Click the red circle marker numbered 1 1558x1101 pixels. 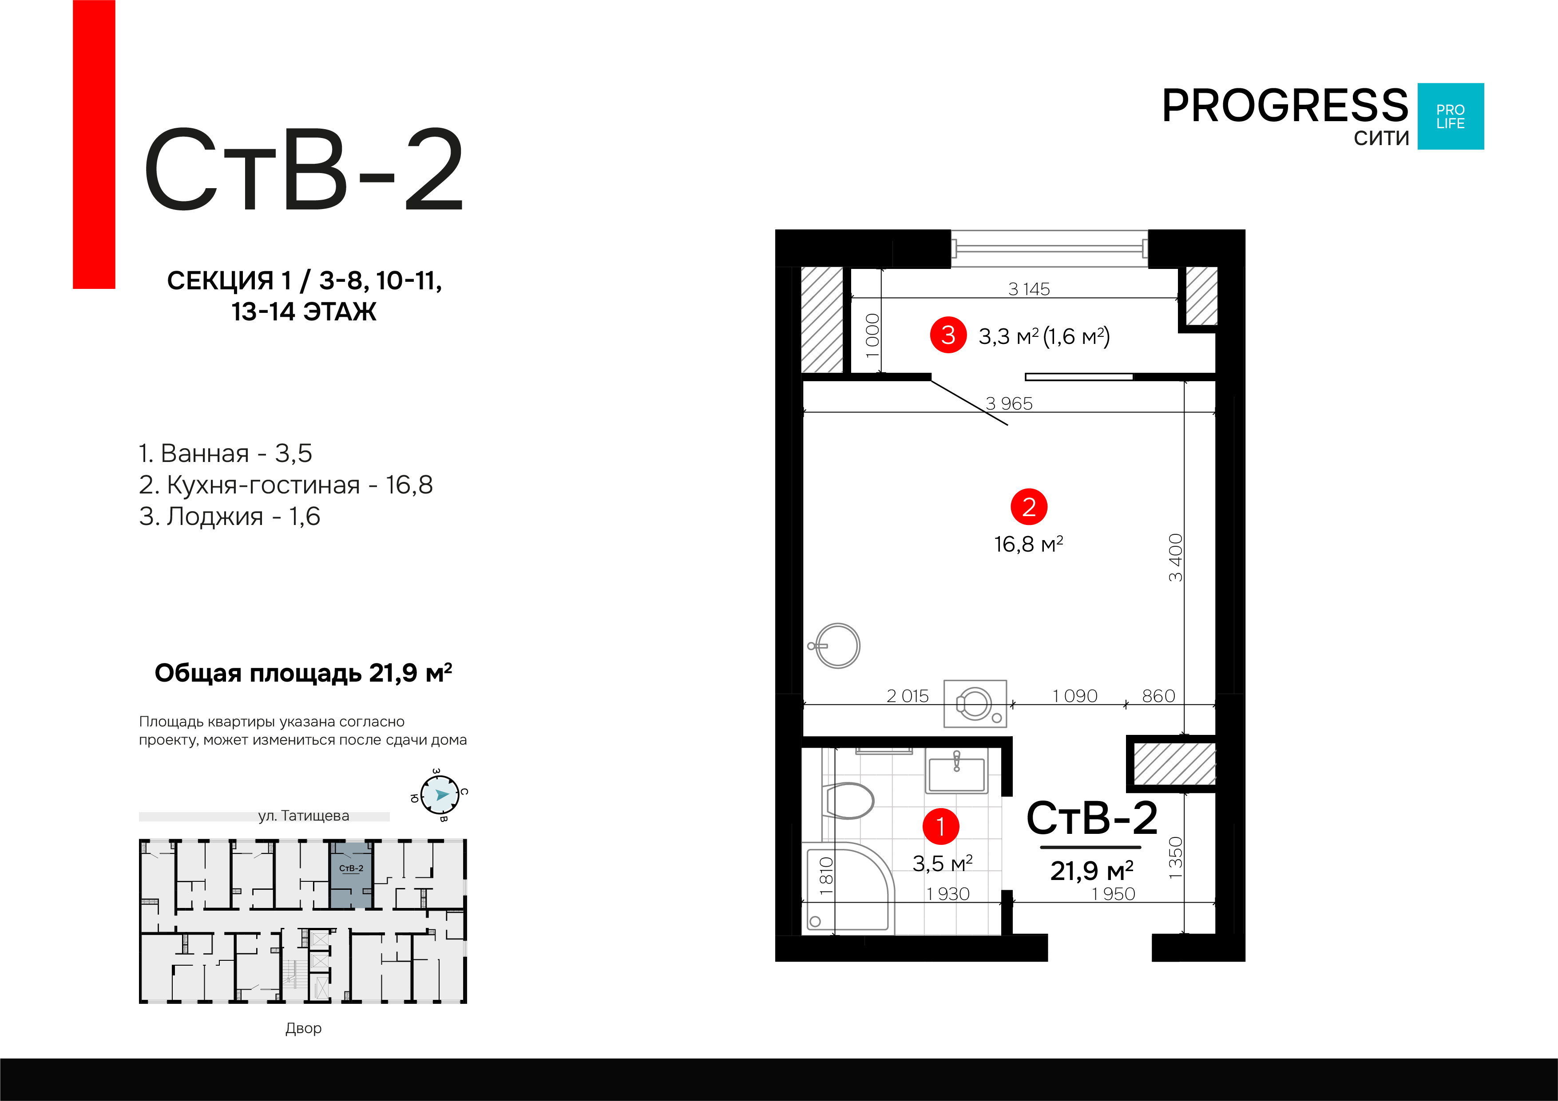pyautogui.click(x=940, y=826)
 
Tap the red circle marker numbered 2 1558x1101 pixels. pyautogui.click(x=1029, y=507)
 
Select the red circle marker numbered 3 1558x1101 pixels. pyautogui.click(x=948, y=335)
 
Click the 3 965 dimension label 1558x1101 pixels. pyautogui.click(x=1009, y=404)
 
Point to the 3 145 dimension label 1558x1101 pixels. pyautogui.click(x=1029, y=289)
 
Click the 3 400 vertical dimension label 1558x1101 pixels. pyautogui.click(x=1175, y=558)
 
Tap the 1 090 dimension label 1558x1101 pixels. pyautogui.click(x=1075, y=696)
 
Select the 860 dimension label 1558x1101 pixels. pyautogui.click(x=1158, y=696)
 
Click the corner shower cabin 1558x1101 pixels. pyautogui.click(x=845, y=889)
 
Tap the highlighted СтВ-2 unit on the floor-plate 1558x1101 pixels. pyautogui.click(x=351, y=875)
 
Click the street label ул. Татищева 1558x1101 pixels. pyautogui.click(x=303, y=816)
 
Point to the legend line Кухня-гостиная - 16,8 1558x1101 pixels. pyautogui.click(x=285, y=485)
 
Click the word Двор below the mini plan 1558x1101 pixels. pyautogui.click(x=303, y=1028)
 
